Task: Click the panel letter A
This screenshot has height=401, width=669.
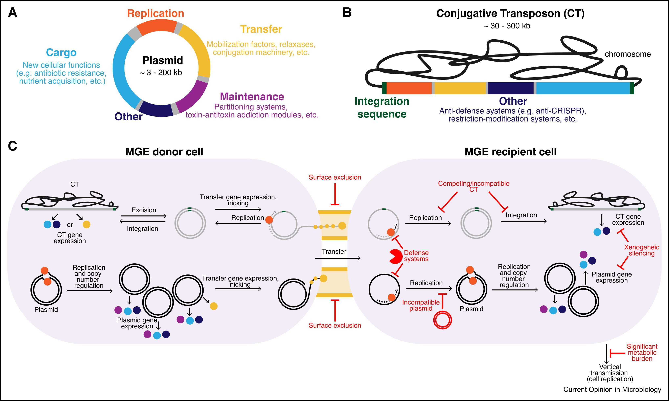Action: point(13,13)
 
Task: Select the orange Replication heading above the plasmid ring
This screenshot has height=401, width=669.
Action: point(156,14)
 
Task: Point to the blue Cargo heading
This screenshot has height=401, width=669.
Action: point(61,52)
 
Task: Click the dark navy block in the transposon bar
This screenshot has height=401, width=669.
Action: point(510,88)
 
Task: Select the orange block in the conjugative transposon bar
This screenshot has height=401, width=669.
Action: point(409,88)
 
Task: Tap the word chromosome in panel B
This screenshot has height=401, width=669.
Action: point(627,54)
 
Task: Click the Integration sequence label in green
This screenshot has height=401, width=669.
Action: point(382,108)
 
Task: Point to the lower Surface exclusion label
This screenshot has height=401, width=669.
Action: point(335,326)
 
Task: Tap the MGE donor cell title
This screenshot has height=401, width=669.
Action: point(164,152)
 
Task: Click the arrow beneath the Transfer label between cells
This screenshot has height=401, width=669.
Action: point(337,259)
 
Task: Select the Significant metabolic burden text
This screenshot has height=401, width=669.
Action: point(642,352)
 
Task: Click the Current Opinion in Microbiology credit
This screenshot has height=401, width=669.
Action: point(612,389)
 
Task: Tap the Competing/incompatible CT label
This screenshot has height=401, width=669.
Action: point(474,186)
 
